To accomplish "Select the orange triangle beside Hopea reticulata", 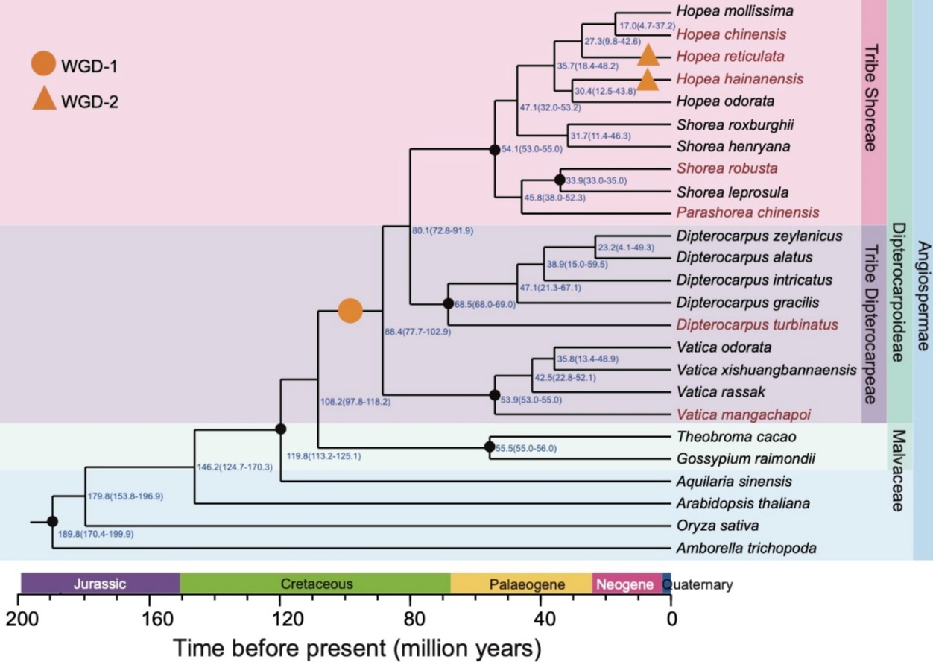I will click(x=648, y=55).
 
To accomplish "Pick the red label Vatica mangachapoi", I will click(x=743, y=414).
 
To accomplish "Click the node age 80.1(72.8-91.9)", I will click(x=443, y=230).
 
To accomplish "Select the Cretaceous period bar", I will click(x=316, y=584).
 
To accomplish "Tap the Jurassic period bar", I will click(x=101, y=584).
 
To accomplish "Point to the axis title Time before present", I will click(x=357, y=646).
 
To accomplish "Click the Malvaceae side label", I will click(x=897, y=470).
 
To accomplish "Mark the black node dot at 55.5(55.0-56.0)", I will click(x=490, y=447).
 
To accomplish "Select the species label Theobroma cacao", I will click(x=726, y=436).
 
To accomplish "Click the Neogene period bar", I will click(x=627, y=584).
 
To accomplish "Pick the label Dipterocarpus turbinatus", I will click(x=758, y=325).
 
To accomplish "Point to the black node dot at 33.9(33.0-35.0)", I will click(x=559, y=180).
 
